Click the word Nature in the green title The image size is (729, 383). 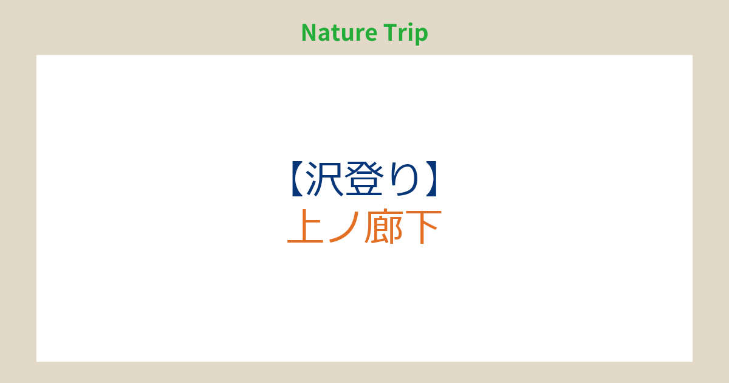coord(340,33)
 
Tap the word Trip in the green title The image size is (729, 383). coord(406,33)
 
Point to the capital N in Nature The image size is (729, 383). coord(309,33)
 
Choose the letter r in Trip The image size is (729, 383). coord(402,35)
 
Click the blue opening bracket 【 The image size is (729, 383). coord(298,179)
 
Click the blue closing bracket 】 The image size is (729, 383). coord(431,179)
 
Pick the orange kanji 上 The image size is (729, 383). coord(306,226)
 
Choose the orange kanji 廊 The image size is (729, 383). coord(384,226)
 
